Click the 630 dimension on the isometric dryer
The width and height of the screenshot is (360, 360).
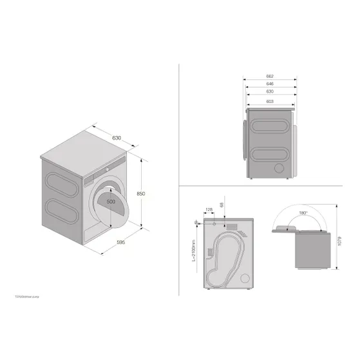tap(117, 138)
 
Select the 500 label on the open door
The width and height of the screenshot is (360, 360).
tap(111, 202)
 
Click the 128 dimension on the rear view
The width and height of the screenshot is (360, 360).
tap(209, 209)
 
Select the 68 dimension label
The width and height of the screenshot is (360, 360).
tap(222, 205)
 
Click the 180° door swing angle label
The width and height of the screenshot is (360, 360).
tap(303, 211)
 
